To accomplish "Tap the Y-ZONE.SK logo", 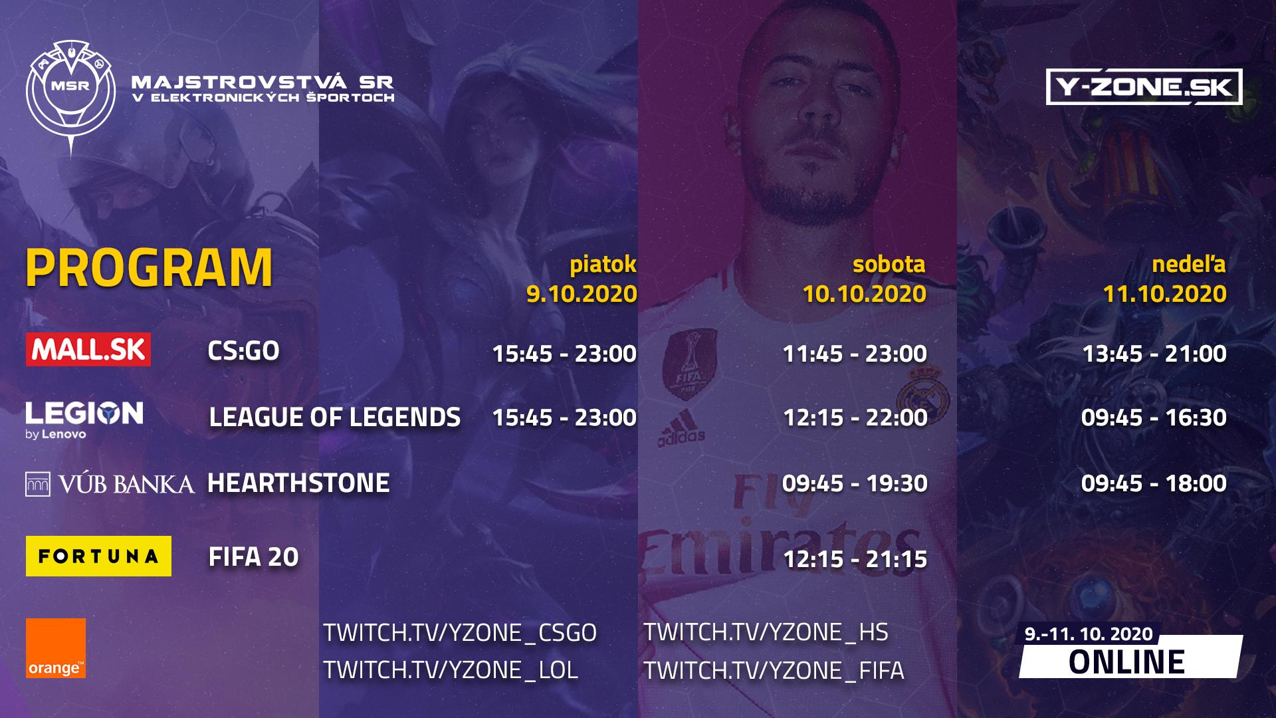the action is click(x=1144, y=87).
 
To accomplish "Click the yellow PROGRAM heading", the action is click(x=150, y=268).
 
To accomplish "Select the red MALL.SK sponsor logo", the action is click(x=88, y=350).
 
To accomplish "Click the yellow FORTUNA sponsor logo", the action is click(x=98, y=556).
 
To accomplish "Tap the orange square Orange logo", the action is click(x=56, y=648).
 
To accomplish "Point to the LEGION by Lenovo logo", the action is click(x=84, y=420).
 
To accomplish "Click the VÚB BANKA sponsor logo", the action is click(x=110, y=484).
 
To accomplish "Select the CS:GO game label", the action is click(x=243, y=351).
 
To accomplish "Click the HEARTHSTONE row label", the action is click(x=298, y=483).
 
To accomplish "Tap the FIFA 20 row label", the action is click(x=254, y=557).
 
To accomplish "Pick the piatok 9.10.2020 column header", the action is click(x=582, y=279).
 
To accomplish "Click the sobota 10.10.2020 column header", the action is click(x=864, y=279).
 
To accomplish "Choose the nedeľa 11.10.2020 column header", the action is click(x=1165, y=279).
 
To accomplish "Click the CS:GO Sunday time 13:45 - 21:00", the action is click(x=1154, y=354).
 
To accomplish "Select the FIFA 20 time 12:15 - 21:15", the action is click(x=855, y=560).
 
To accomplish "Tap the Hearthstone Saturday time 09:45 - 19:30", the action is click(x=855, y=483).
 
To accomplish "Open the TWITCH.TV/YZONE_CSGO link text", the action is click(x=460, y=632).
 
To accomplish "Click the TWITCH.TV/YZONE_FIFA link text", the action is click(x=774, y=670).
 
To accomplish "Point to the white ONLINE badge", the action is click(x=1130, y=657).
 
